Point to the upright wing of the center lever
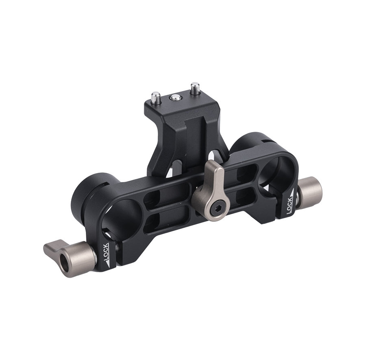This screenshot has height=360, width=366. (213, 173)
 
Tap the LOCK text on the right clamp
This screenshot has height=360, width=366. (290, 206)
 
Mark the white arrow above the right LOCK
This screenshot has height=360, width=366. (291, 193)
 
